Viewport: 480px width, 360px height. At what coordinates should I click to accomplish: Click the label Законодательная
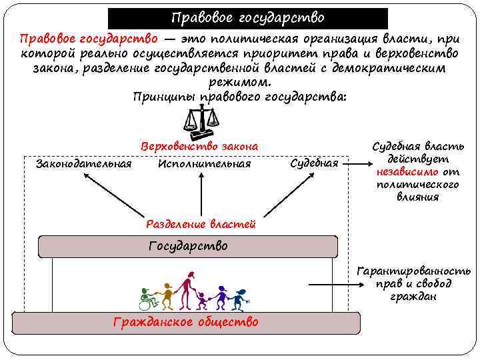(83, 163)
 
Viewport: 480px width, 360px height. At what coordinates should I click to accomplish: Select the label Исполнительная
(204, 163)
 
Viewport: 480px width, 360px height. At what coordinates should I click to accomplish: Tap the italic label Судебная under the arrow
(315, 163)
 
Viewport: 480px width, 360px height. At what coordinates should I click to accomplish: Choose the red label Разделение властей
(200, 225)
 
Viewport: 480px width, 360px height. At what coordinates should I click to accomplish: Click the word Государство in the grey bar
(188, 246)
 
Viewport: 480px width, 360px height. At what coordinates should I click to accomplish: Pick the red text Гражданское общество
(186, 322)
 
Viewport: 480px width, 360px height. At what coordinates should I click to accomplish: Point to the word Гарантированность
(413, 271)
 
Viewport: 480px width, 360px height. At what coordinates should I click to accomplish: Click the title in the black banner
(247, 17)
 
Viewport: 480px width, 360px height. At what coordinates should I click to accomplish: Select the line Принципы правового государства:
(239, 97)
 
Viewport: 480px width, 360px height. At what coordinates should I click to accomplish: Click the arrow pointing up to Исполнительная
(200, 193)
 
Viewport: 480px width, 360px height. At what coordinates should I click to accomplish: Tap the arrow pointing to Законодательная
(113, 193)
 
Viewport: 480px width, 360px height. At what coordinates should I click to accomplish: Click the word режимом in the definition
(239, 83)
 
